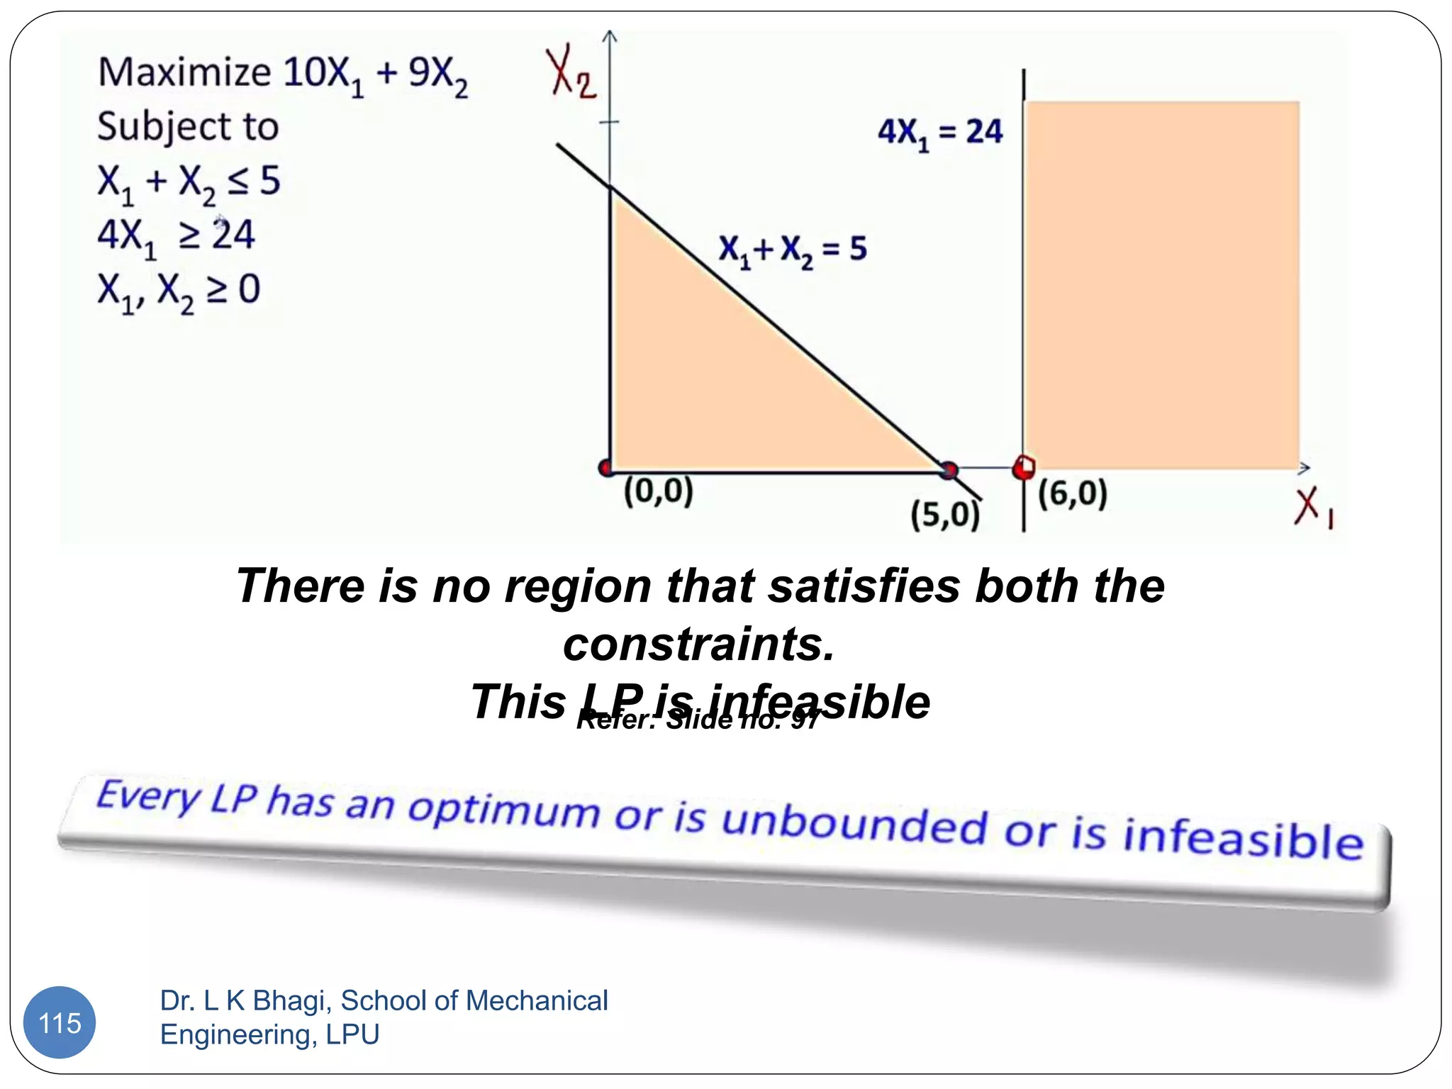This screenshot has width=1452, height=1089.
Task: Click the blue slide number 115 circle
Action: pos(60,1022)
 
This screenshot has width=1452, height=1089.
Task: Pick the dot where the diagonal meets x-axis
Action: pos(949,469)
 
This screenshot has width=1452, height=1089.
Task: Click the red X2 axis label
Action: pos(571,73)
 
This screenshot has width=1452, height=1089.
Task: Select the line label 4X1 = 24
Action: pos(940,133)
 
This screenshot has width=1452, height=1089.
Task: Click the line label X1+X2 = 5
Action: pos(793,250)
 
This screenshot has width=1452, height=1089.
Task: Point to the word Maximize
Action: pos(184,72)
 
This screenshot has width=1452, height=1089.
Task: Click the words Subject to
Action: pos(188,127)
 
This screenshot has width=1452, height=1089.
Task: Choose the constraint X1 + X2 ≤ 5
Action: pos(189,182)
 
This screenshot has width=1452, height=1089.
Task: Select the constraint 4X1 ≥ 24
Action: pos(176,236)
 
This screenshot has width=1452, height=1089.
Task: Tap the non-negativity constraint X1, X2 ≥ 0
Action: pos(179,291)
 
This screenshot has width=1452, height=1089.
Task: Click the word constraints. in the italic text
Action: pos(699,644)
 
